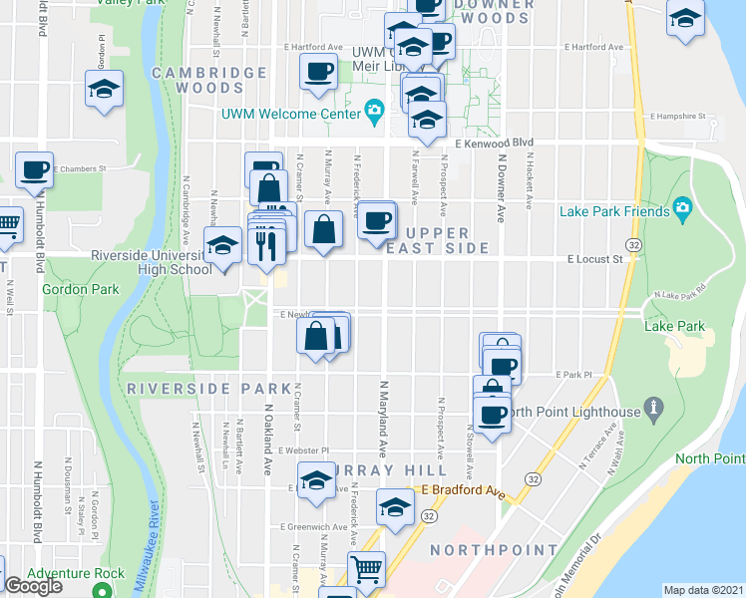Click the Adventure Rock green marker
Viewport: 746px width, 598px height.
[101, 590]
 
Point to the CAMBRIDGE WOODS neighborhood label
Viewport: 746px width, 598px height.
[209, 81]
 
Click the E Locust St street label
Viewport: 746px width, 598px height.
[594, 259]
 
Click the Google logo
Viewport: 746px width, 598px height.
[33, 586]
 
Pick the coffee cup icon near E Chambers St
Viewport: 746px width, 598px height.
[33, 168]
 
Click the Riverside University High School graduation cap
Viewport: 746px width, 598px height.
[223, 246]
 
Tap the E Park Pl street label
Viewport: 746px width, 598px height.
[573, 375]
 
